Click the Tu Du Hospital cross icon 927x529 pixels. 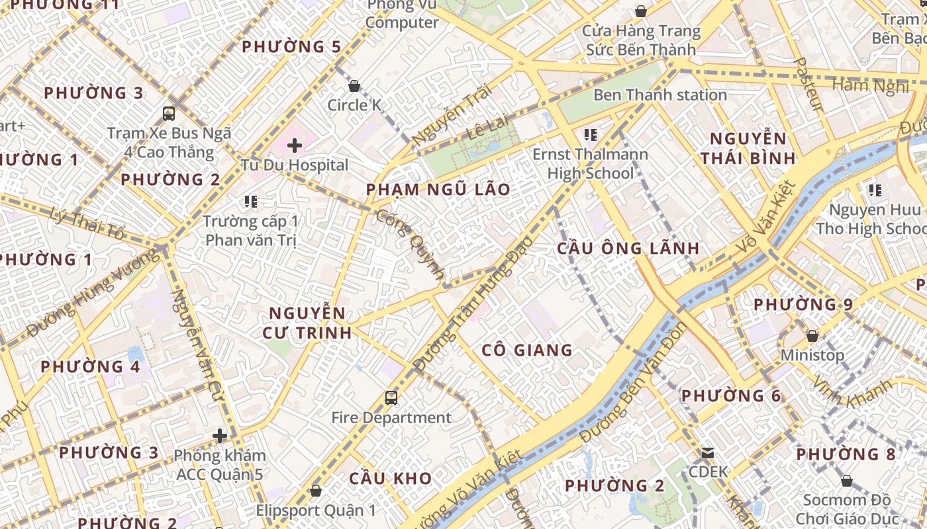tap(295, 145)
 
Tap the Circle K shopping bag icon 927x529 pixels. tap(354, 86)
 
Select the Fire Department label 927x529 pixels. tap(391, 418)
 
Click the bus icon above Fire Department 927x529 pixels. tap(391, 398)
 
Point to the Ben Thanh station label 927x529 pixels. tap(659, 95)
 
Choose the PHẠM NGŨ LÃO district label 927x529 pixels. tap(438, 190)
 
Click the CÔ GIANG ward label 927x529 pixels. tap(527, 350)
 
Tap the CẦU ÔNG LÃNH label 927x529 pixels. tap(628, 249)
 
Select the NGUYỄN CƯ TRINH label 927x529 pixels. tap(307, 323)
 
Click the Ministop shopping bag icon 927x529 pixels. tap(812, 336)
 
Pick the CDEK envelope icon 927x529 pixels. tap(708, 453)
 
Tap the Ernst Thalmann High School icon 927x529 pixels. tap(591, 136)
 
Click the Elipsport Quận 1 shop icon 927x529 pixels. tap(315, 491)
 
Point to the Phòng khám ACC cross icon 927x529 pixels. tap(220, 436)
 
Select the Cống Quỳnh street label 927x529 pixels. tap(411, 243)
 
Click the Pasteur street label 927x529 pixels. tap(808, 84)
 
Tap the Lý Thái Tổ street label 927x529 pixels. tap(87, 224)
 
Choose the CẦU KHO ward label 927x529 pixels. tap(391, 479)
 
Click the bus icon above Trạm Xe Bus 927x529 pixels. tap(169, 113)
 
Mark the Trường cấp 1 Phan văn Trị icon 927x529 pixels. tap(250, 201)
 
